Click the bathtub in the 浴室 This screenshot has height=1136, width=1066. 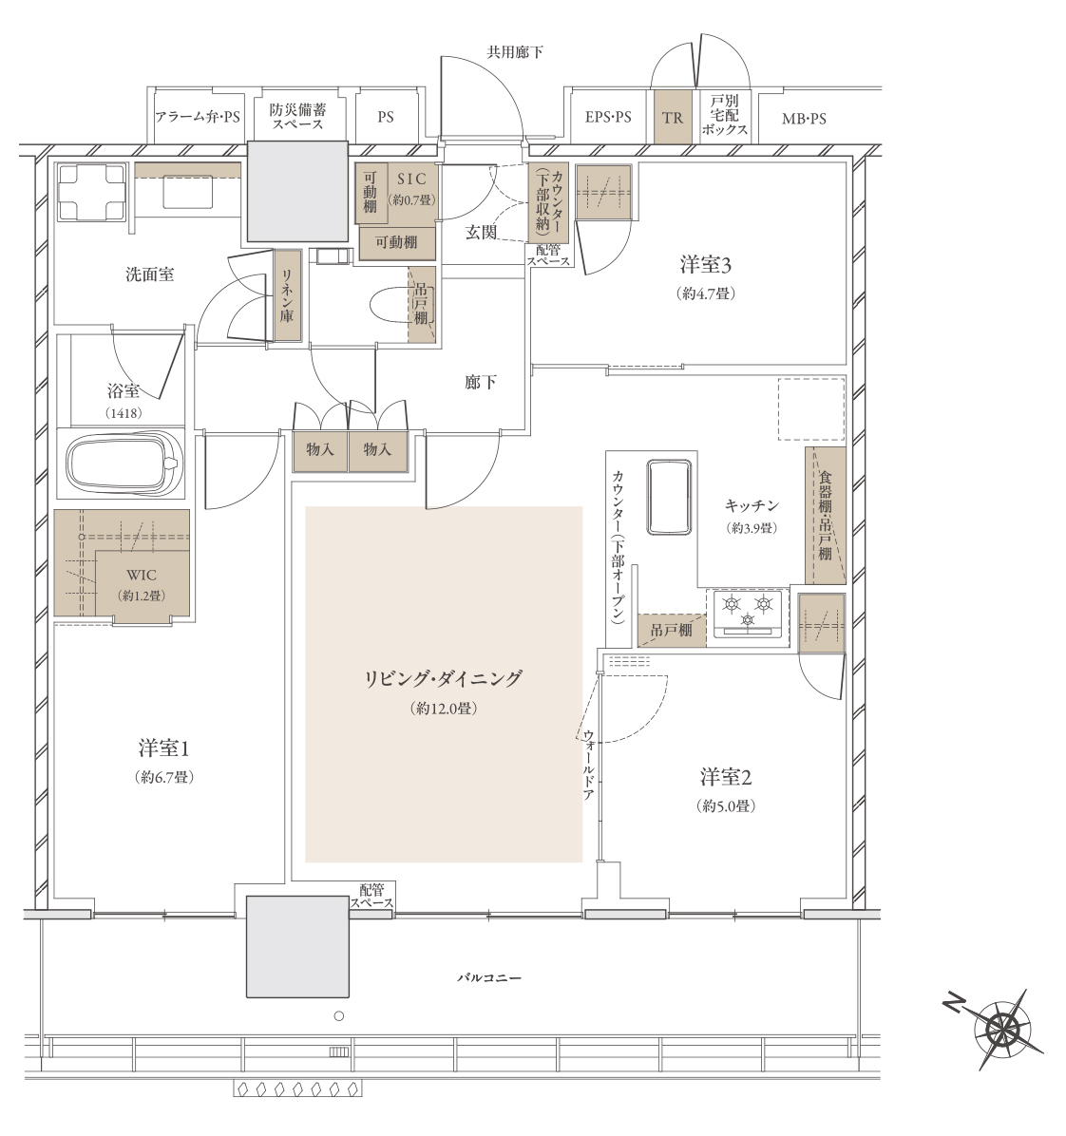[122, 464]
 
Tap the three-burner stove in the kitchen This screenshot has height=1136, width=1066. [747, 613]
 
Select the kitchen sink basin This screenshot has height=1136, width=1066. [668, 497]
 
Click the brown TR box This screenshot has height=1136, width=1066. [673, 116]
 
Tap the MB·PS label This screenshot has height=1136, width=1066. [804, 118]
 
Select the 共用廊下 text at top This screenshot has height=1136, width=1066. [515, 52]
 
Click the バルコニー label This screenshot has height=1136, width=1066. [489, 977]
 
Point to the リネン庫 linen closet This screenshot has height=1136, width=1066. [287, 295]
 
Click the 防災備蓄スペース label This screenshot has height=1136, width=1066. [297, 117]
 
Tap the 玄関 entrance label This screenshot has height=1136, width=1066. [481, 233]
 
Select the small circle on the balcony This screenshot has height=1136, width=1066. [338, 1016]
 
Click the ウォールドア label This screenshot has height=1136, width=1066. [588, 765]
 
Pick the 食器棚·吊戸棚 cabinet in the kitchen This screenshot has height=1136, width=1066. [826, 515]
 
